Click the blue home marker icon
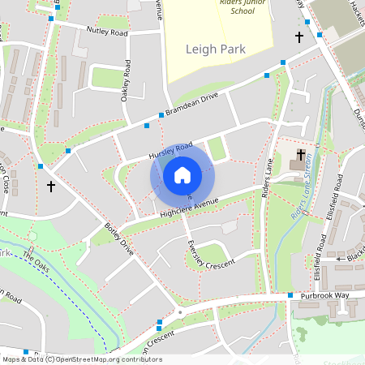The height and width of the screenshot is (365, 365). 182,174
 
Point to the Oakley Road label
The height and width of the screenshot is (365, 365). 127,79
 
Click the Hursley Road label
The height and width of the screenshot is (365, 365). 170,150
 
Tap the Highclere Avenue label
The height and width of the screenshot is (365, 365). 191,207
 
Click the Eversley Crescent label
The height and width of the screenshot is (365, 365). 210,255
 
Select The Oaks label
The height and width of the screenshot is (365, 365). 36,262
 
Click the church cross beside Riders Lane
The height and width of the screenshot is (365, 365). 301,154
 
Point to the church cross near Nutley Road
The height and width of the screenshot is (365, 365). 51,187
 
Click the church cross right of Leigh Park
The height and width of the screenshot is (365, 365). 299,37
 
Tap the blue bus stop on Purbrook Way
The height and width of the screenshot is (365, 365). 290,295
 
